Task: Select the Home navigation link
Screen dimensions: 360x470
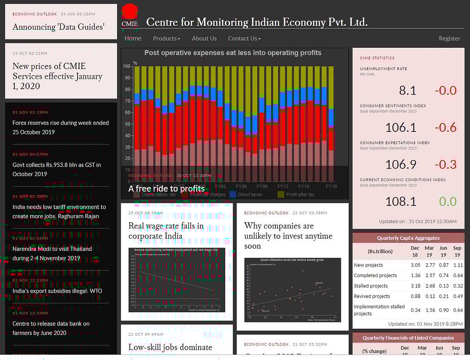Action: pos(133,38)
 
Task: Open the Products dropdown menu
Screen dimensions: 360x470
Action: pos(166,38)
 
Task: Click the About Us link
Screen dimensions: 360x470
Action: pos(204,38)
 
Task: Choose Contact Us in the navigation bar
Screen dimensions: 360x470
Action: pos(244,38)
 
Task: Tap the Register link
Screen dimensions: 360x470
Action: pos(449,38)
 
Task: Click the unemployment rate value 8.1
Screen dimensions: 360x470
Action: pos(407,91)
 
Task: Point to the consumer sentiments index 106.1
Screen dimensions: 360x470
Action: pos(401,128)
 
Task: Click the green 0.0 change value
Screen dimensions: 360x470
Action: pos(448,202)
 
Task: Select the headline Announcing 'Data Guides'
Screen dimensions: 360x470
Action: pos(58,27)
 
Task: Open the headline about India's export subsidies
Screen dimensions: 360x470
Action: pos(57,291)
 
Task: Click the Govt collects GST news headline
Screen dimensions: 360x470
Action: pos(56,169)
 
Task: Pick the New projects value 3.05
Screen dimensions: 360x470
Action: pos(416,265)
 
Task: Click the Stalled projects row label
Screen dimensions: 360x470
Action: pos(371,286)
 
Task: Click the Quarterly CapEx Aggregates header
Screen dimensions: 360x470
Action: pos(408,238)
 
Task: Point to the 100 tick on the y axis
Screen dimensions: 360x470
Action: pos(127,67)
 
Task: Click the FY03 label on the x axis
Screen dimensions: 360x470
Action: pos(221,187)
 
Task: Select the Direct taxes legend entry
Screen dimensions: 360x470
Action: pos(249,194)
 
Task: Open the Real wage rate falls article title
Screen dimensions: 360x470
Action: pos(166,231)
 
